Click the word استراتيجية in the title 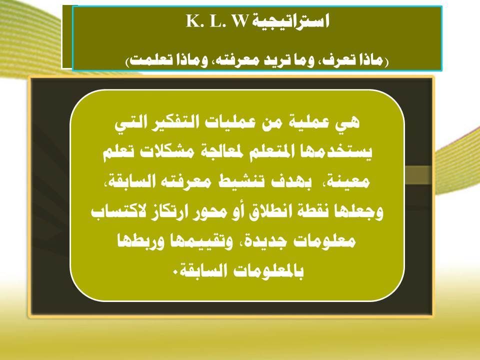point(289,21)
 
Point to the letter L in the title point(214,21)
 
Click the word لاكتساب point(115,211)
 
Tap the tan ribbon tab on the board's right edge point(418,175)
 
